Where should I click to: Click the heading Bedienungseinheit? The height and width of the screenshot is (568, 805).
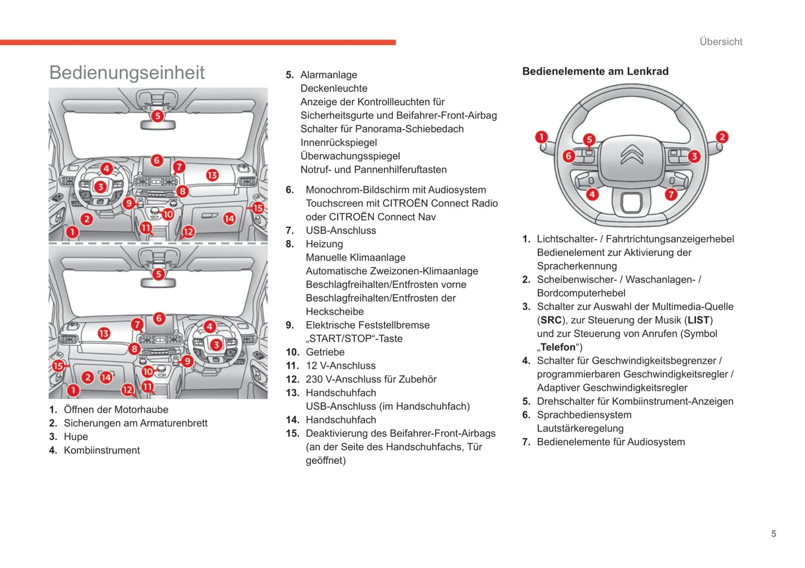(127, 72)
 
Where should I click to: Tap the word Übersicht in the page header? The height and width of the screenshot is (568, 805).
(721, 42)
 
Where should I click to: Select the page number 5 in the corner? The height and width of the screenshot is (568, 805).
(773, 534)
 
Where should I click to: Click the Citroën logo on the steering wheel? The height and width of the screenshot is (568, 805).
(632, 154)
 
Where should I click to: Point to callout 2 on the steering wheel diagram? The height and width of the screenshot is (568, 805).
(722, 137)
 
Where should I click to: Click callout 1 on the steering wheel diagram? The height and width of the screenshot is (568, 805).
(541, 137)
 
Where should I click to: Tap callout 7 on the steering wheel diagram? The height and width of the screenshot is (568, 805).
(671, 194)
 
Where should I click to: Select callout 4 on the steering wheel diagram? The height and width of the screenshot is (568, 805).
(592, 194)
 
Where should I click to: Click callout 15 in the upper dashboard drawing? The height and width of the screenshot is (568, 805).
(257, 208)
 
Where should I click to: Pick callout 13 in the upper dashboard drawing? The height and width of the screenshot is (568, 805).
(212, 175)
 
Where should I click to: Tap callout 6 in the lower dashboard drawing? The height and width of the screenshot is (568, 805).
(159, 318)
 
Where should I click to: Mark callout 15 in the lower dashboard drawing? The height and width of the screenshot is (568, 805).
(58, 366)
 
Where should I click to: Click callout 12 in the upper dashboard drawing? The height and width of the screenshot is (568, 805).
(188, 231)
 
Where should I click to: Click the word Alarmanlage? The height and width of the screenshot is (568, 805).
(329, 75)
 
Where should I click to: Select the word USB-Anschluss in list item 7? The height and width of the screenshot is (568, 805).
(340, 230)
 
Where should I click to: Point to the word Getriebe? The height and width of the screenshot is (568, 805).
(325, 352)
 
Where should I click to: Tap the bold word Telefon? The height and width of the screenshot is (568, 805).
(558, 347)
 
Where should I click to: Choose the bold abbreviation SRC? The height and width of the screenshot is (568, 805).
(551, 320)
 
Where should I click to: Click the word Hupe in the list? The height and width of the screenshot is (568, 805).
(76, 436)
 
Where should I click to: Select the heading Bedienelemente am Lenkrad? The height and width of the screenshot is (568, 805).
(595, 71)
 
